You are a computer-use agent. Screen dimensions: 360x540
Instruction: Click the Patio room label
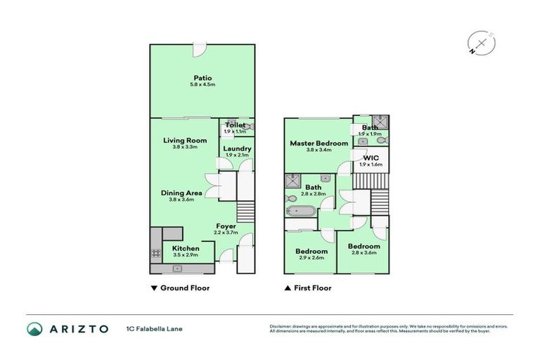202,78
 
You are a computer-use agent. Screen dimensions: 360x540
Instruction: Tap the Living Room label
185,141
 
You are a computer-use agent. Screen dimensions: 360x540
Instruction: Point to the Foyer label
226,226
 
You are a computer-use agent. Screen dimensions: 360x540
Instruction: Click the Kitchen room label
186,248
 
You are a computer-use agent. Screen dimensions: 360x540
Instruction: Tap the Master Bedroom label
319,143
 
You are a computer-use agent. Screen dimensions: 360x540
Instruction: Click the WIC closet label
371,158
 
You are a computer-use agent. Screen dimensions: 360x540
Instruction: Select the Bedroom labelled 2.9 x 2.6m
311,251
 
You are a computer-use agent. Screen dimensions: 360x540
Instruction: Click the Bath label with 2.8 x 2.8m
313,188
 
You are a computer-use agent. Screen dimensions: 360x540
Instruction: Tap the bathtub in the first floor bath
302,210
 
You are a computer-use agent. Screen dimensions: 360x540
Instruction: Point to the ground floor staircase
245,210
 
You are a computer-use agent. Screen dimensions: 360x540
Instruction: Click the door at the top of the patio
200,51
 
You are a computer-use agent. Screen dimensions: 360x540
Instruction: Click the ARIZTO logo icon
34,328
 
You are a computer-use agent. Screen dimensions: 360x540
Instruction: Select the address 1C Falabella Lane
154,328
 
